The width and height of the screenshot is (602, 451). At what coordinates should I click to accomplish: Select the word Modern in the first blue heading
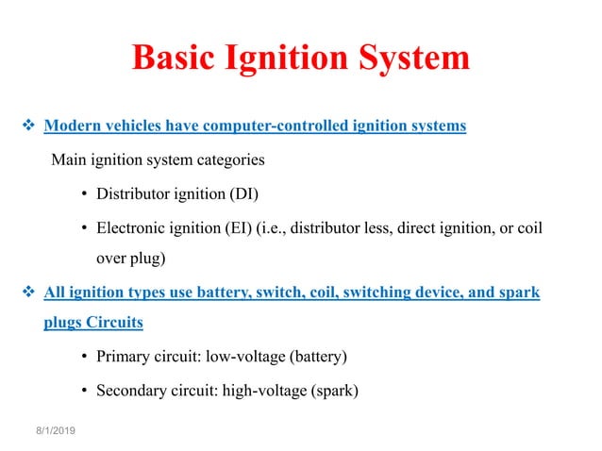(75, 125)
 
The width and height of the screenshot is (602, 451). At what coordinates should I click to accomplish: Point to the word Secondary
(132, 390)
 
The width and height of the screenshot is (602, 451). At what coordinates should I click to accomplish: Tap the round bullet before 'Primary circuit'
(85, 356)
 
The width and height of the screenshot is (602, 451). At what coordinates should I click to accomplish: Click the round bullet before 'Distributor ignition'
(85, 196)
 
